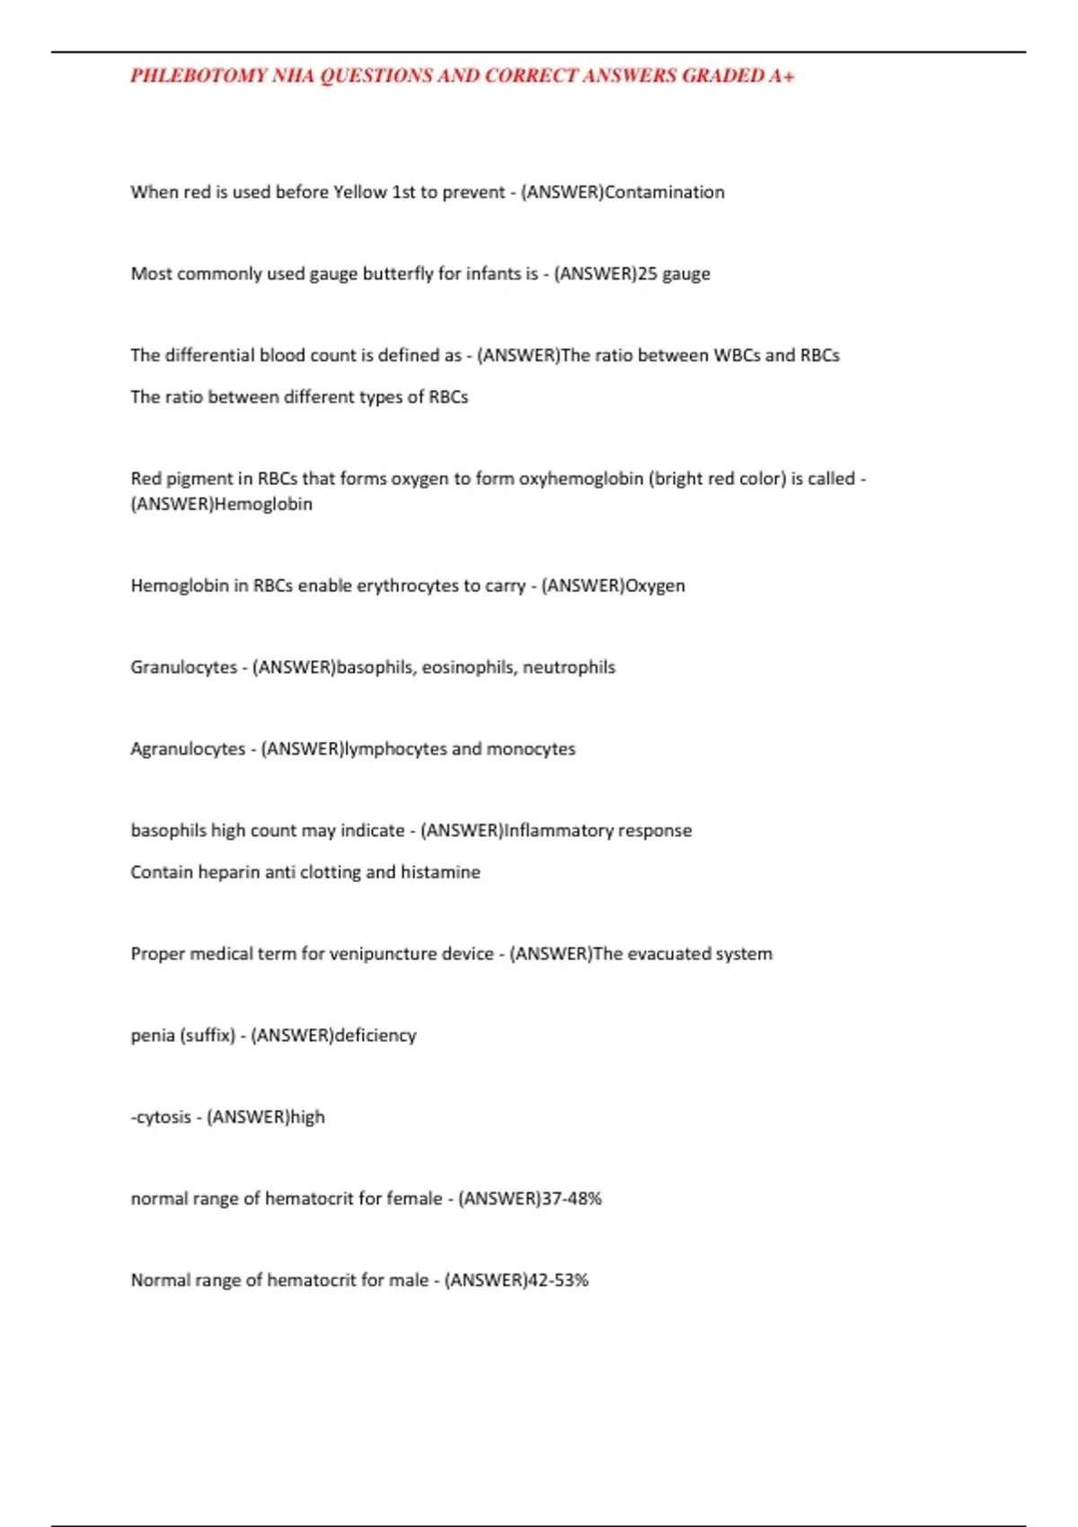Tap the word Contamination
(x=665, y=192)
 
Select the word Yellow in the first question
(x=359, y=192)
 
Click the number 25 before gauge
(x=648, y=274)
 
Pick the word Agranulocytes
(x=187, y=749)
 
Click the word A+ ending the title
(x=782, y=75)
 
